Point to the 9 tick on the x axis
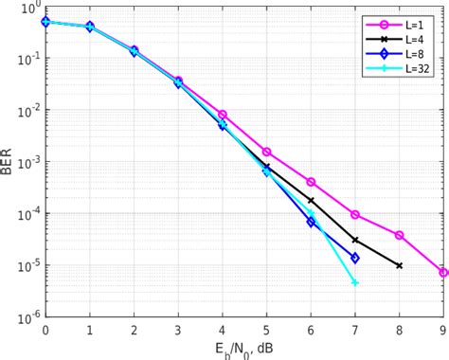tap(443, 331)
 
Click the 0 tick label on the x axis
tap(45, 331)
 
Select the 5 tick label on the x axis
tap(266, 331)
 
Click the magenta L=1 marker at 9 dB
tap(443, 273)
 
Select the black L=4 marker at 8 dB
tap(399, 265)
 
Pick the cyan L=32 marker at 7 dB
tap(354, 282)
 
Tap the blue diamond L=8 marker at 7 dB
tap(354, 258)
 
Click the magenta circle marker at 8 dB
tap(399, 235)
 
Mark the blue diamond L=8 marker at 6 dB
tap(311, 222)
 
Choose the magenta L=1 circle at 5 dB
tap(266, 152)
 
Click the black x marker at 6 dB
tap(311, 201)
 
